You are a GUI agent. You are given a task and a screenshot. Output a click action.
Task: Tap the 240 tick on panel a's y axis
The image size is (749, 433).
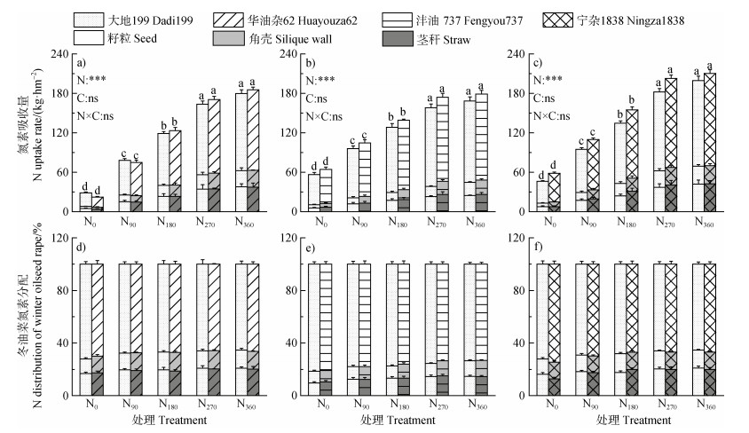click(63, 54)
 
